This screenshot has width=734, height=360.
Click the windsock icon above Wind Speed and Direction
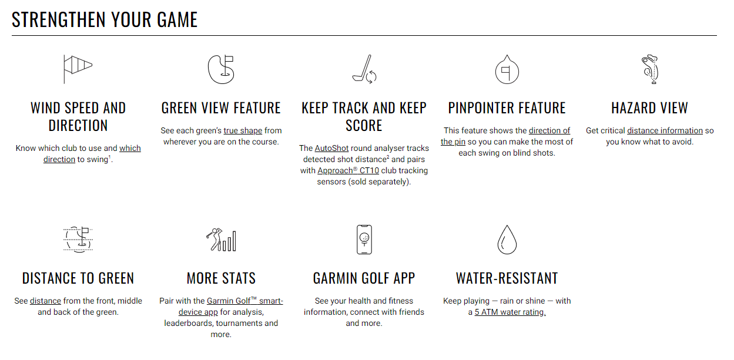click(78, 68)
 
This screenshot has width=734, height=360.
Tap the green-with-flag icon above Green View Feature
click(221, 68)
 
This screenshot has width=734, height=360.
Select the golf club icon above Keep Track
click(364, 68)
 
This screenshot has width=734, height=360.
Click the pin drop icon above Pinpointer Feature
click(507, 68)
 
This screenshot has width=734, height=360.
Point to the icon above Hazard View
click(649, 68)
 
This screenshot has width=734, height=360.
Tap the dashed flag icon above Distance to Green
click(78, 239)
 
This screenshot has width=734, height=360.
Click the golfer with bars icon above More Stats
click(221, 239)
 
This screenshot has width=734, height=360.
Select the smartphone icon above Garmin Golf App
click(364, 239)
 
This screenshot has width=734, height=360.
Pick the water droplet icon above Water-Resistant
click(507, 239)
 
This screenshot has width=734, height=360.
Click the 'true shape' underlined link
click(243, 130)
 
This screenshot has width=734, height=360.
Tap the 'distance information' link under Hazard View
click(665, 130)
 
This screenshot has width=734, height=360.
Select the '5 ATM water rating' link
click(510, 312)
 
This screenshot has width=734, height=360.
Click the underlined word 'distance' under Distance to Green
click(45, 301)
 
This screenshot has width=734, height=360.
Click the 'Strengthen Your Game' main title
click(105, 19)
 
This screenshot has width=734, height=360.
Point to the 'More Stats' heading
click(221, 278)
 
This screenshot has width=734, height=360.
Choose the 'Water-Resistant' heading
click(507, 278)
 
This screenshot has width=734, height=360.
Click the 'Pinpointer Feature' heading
click(507, 108)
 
